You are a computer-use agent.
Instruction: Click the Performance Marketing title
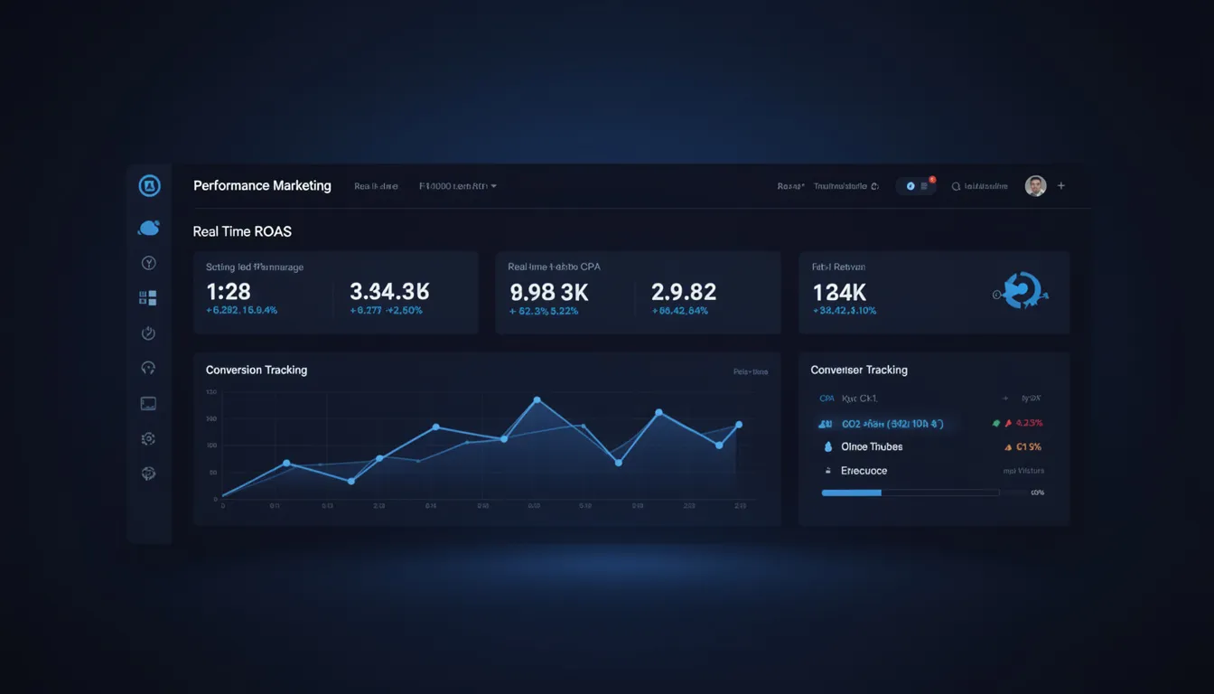(262, 186)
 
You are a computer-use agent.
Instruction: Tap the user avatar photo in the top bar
(1035, 186)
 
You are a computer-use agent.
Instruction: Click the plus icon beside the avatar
(1061, 186)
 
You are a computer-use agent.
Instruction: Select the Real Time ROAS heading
(242, 231)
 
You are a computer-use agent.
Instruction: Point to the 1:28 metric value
(229, 292)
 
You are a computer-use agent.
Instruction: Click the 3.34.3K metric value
(389, 292)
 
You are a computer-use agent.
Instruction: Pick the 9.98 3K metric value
(549, 292)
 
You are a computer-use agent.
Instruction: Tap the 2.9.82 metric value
(684, 292)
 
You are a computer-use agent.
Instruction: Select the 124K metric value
(839, 292)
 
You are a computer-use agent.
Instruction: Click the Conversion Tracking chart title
(257, 370)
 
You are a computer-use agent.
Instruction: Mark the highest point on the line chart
(537, 399)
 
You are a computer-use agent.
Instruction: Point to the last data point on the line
(739, 425)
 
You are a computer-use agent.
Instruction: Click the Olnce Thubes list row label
(872, 446)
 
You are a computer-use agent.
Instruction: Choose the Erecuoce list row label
(864, 471)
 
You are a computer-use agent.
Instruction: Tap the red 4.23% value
(1029, 423)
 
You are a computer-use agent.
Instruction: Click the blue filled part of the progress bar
(851, 492)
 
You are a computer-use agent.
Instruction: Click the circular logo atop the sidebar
(149, 186)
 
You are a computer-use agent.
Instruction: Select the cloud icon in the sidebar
(149, 229)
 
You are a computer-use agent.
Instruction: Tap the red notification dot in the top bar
(932, 180)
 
